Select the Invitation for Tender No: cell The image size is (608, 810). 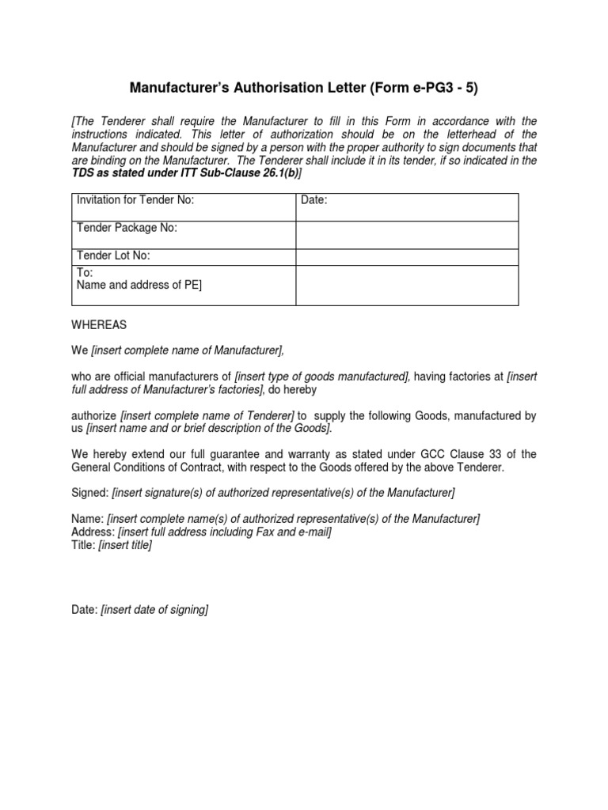(135, 201)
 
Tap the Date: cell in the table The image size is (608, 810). (314, 201)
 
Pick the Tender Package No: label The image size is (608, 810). (127, 228)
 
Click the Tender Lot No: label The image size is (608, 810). (113, 255)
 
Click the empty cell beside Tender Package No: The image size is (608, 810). (407, 234)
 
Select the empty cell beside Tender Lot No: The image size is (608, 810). (407, 256)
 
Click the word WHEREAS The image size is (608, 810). (98, 325)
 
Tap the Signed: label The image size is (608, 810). (89, 494)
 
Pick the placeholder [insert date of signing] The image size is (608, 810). (154, 610)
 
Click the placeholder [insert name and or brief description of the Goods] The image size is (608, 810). (209, 429)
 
